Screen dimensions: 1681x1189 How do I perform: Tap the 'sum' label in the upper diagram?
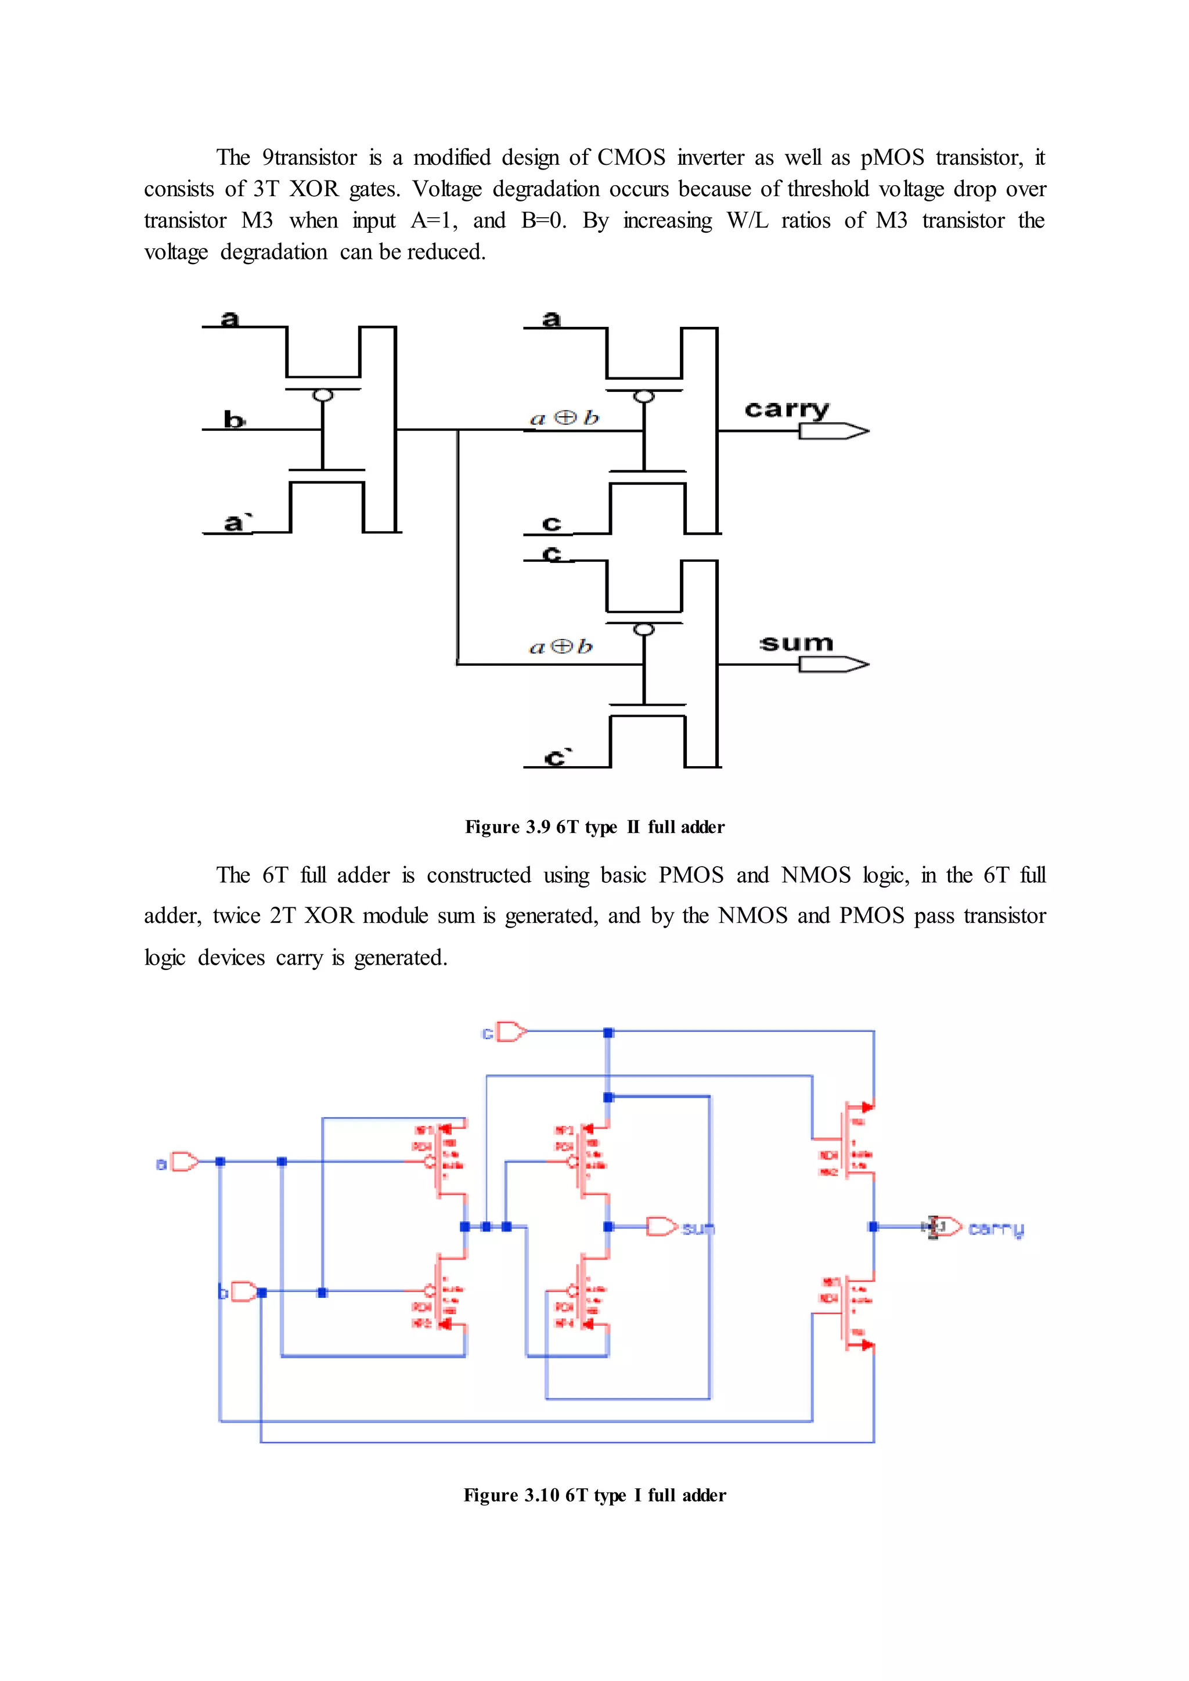[797, 644]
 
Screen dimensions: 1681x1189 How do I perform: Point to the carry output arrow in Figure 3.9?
[833, 431]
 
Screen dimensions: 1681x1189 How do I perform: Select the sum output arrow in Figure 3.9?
[833, 664]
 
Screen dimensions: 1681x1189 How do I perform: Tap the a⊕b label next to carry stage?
[564, 418]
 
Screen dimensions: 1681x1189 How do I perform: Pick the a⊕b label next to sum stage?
[560, 647]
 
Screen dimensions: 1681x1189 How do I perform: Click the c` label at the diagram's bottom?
[557, 757]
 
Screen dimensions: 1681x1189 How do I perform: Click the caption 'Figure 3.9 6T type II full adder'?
[594, 827]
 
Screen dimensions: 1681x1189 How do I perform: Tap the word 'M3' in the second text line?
[257, 221]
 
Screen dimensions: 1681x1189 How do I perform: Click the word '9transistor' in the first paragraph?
[309, 157]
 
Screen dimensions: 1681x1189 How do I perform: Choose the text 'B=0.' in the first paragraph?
[543, 221]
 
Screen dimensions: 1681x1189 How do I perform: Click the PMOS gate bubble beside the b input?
[323, 395]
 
